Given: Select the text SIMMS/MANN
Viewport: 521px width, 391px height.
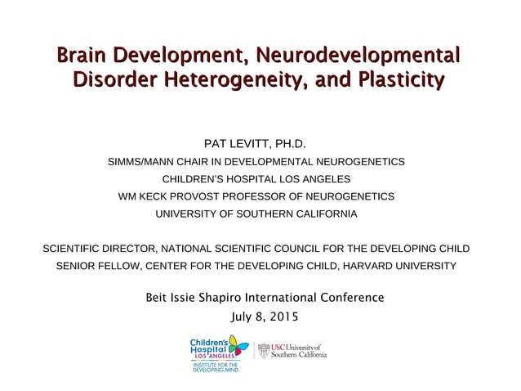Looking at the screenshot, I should coord(143,162).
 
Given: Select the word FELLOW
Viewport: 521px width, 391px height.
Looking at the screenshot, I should coord(115,267).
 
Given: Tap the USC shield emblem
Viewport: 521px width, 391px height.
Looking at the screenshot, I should coord(264,351).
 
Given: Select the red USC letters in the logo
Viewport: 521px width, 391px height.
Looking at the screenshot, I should coord(278,347).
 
